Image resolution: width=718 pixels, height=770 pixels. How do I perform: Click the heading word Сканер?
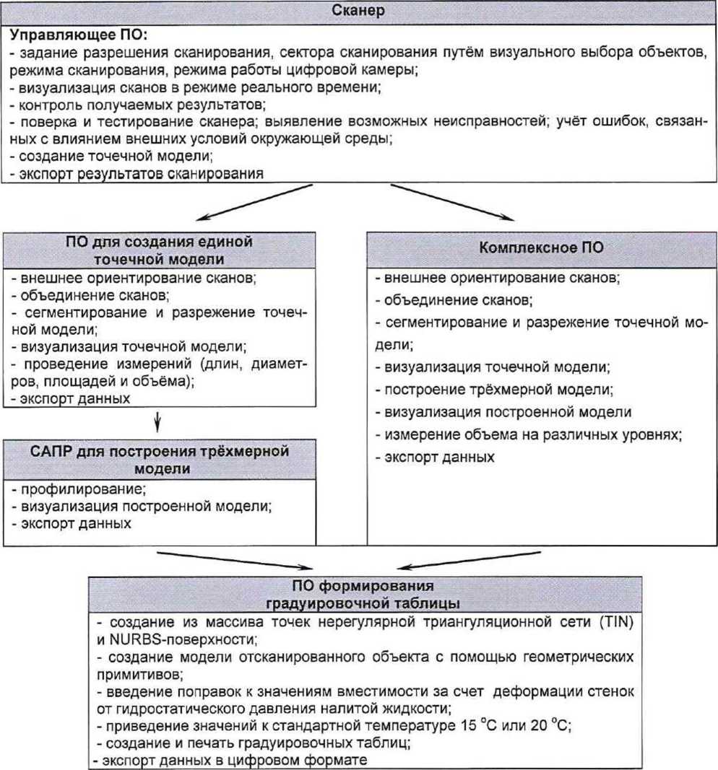pos(358,11)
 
